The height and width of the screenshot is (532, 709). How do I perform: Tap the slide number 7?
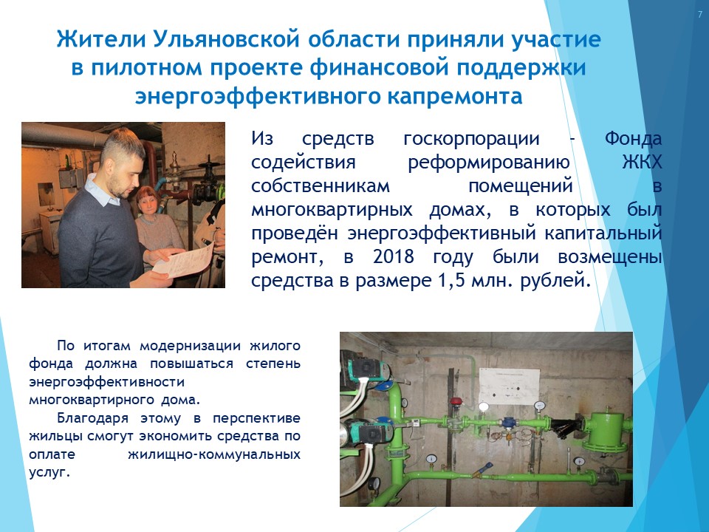click(700, 15)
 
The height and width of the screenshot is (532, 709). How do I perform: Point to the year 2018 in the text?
click(394, 257)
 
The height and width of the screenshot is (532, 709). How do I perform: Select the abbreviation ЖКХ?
click(642, 162)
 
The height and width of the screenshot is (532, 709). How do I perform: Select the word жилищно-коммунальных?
click(214, 454)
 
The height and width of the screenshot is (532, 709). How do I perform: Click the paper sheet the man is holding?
click(183, 261)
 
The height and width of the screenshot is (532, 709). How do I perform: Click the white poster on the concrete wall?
click(509, 386)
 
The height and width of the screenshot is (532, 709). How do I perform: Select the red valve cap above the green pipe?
click(456, 401)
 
